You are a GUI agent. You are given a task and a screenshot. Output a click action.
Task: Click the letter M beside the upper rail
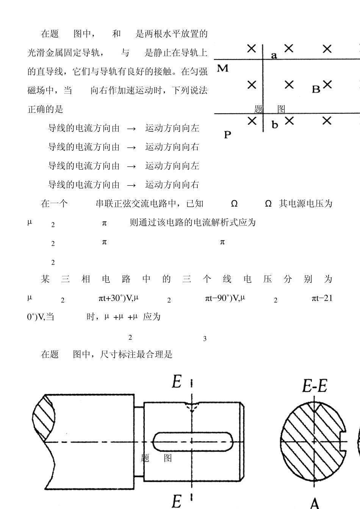(223, 69)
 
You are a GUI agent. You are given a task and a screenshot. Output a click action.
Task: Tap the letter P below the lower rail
(227, 134)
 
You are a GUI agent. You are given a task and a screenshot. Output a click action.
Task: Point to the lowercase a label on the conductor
(274, 56)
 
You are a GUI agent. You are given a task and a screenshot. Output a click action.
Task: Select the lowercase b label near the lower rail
(275, 125)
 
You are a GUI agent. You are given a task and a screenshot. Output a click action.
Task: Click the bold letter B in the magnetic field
(316, 89)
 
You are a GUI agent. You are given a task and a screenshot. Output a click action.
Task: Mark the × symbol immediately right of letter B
(327, 84)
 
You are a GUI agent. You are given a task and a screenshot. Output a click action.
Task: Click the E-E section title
(315, 386)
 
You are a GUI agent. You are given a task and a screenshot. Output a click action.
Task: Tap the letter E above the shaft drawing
(177, 381)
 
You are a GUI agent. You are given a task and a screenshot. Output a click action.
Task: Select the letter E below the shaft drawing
(177, 501)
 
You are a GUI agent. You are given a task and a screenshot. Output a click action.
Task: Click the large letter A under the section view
(315, 503)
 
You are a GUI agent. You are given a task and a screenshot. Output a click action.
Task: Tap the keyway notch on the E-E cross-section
(344, 441)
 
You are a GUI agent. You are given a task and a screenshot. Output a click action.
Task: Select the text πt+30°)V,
(115, 298)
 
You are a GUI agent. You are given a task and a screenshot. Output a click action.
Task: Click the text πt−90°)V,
(222, 298)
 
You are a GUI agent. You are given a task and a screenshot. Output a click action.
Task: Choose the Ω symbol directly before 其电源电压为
(268, 204)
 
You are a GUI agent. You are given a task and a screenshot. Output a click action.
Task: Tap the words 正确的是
(45, 109)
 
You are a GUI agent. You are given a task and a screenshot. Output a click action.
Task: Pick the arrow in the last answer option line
(131, 185)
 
